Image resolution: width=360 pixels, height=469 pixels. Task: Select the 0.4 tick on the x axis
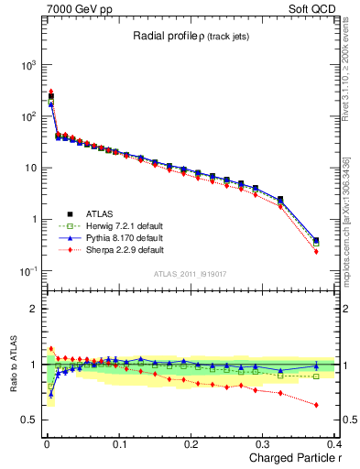click(333, 443)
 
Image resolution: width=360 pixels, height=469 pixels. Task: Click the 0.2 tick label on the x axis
click(191, 443)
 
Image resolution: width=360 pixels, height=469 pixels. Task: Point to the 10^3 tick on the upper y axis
click(29, 65)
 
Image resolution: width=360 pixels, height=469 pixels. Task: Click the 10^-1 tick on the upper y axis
click(29, 271)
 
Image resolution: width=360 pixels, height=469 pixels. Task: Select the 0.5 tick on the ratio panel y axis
click(31, 420)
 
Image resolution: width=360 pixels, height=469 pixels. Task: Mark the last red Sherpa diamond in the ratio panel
click(316, 405)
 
